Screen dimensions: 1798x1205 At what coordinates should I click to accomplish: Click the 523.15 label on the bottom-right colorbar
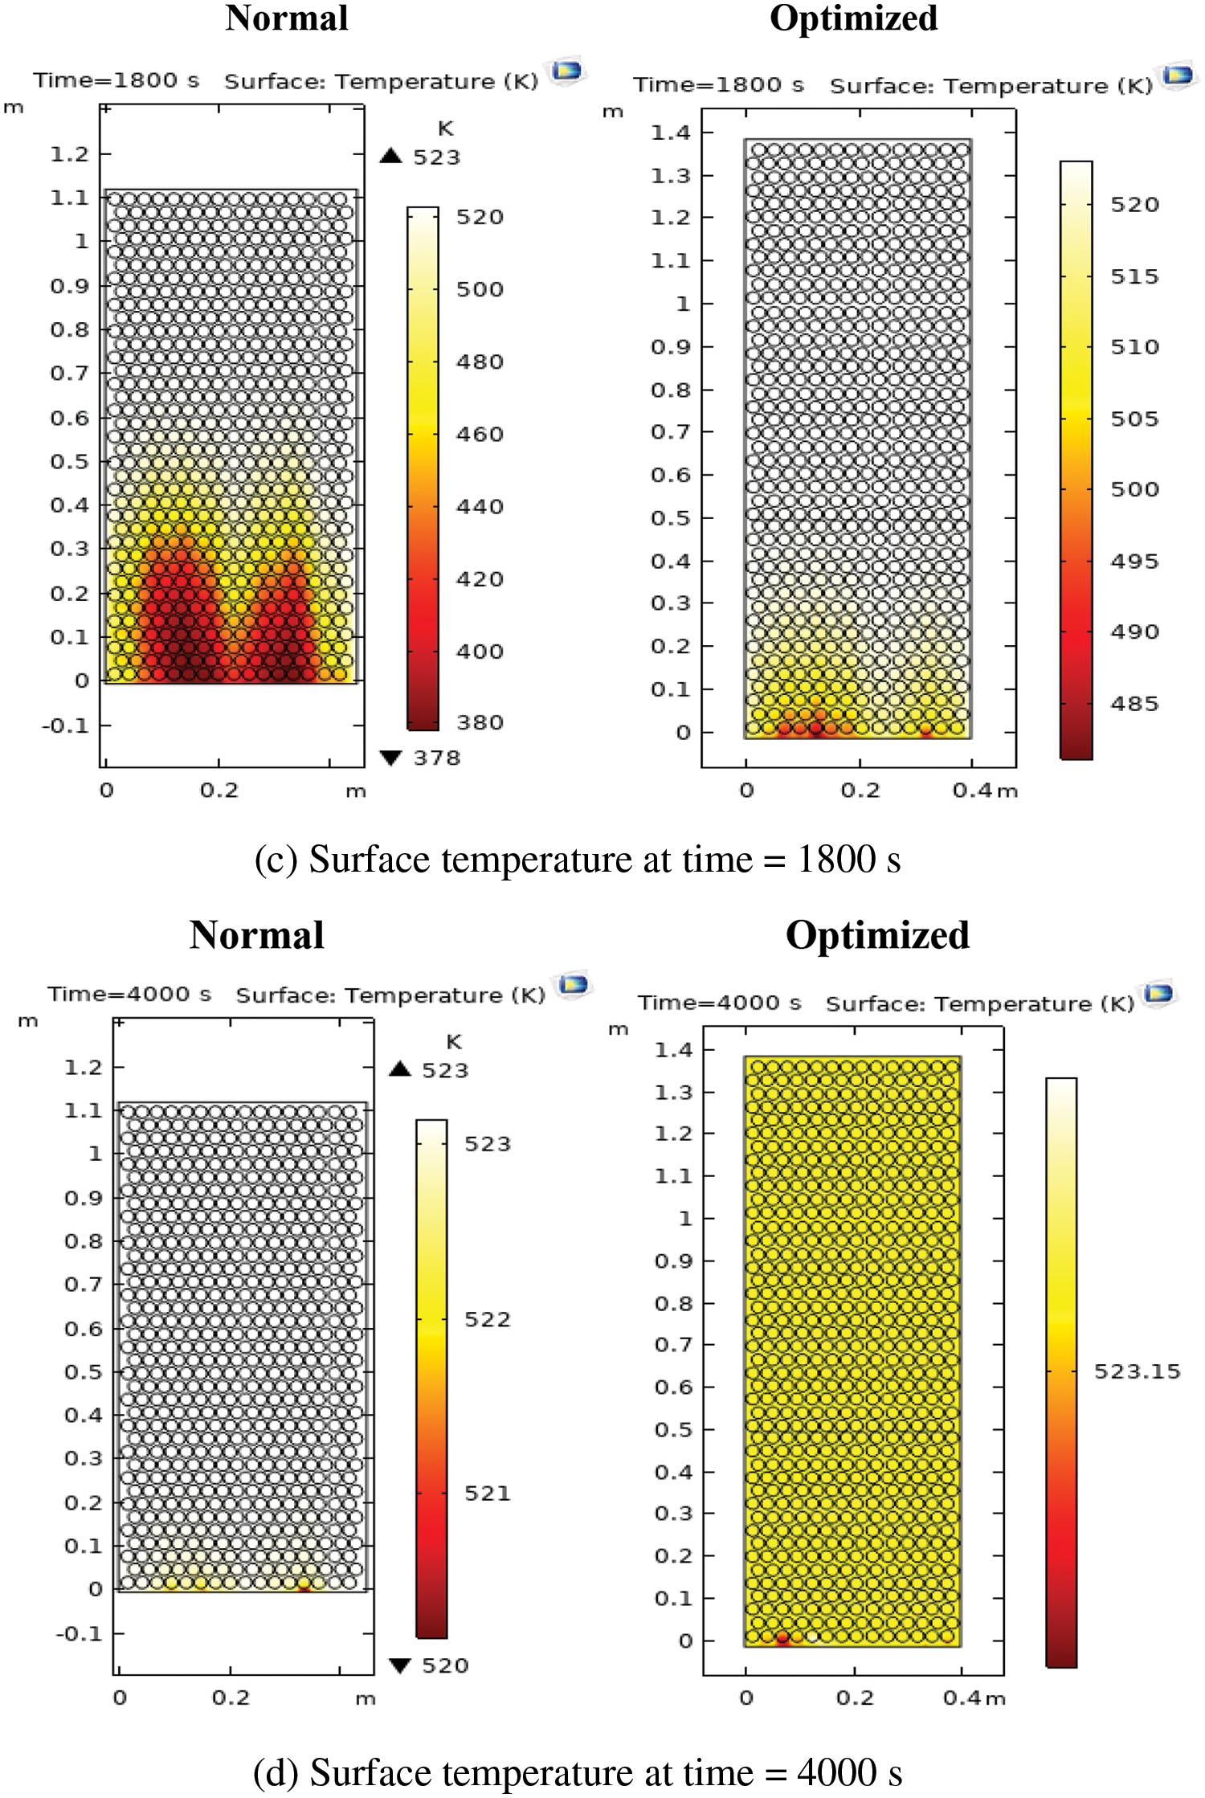click(x=1137, y=1371)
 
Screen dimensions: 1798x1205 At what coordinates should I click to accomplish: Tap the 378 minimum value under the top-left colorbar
click(x=437, y=758)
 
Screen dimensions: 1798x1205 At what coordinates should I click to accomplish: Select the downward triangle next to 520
click(x=400, y=1665)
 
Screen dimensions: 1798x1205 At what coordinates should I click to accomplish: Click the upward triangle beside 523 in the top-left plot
click(x=391, y=156)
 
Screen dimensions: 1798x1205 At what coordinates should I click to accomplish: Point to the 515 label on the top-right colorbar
click(x=1134, y=276)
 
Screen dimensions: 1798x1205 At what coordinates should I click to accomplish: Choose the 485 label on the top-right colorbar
click(x=1134, y=704)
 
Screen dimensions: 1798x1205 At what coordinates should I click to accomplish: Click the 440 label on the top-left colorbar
click(x=480, y=507)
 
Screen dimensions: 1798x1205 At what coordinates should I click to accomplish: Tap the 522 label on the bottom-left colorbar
click(x=487, y=1319)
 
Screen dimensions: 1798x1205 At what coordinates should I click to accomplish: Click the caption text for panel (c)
click(x=577, y=860)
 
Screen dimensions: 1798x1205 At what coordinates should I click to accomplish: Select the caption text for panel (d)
click(x=577, y=1772)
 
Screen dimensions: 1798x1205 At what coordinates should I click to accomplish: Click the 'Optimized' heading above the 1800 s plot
click(x=853, y=18)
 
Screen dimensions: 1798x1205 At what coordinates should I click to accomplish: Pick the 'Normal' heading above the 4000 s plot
click(x=257, y=935)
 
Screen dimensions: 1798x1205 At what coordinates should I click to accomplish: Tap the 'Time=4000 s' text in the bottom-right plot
click(x=719, y=1003)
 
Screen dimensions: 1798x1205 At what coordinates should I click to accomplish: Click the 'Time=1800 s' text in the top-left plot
click(x=116, y=80)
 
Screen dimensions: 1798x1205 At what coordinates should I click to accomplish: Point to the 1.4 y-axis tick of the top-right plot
click(x=671, y=133)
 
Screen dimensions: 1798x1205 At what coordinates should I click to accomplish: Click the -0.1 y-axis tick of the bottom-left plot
click(x=79, y=1633)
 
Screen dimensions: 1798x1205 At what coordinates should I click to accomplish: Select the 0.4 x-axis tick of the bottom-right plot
click(x=962, y=1698)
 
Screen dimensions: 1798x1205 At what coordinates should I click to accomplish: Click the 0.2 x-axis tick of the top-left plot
click(x=219, y=791)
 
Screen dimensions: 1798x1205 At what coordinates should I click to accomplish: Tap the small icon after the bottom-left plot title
click(x=574, y=984)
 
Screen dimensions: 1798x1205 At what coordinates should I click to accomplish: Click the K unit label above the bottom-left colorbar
click(x=454, y=1042)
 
